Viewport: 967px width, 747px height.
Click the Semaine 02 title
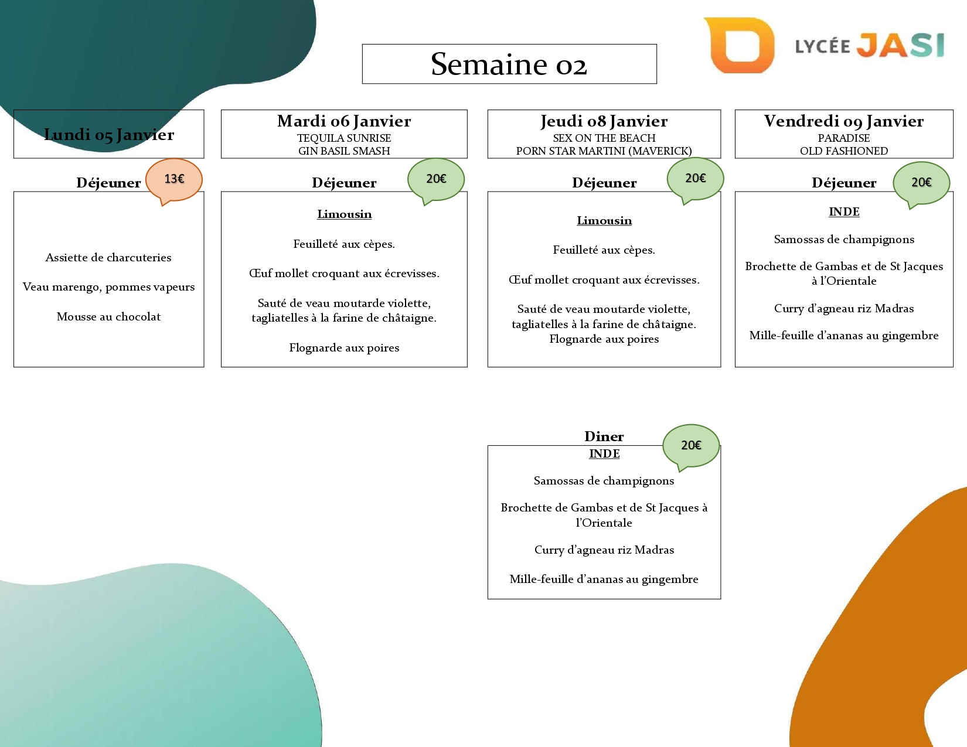click(509, 64)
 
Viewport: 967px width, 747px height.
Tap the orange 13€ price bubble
click(174, 179)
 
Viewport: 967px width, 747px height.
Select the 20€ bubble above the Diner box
click(691, 445)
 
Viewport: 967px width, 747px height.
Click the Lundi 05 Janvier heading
click(109, 135)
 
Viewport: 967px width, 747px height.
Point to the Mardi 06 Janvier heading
click(344, 121)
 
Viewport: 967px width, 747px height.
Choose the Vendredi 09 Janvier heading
click(844, 121)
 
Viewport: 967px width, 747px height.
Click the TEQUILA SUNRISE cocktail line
click(344, 138)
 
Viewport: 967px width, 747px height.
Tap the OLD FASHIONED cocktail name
click(844, 151)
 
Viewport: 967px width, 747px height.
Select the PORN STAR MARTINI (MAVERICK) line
click(604, 151)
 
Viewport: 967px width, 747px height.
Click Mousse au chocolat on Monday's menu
click(108, 317)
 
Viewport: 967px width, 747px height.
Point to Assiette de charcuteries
click(108, 258)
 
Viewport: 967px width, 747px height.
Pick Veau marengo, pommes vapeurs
click(108, 287)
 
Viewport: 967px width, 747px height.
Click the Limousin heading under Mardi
click(344, 214)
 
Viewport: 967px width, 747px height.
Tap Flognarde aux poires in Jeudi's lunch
click(604, 339)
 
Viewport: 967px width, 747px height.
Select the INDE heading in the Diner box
click(604, 453)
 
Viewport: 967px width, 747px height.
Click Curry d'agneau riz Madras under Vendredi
click(844, 309)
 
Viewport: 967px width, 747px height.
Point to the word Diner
click(604, 436)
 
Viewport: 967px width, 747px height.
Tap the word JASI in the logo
click(900, 45)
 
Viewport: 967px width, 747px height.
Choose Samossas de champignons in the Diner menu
click(604, 481)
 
